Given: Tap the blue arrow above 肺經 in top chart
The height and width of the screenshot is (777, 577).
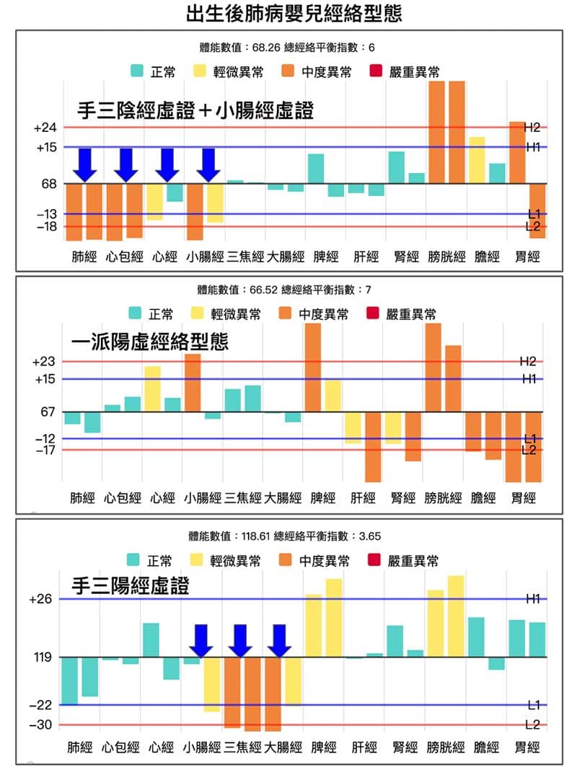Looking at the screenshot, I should tap(85, 164).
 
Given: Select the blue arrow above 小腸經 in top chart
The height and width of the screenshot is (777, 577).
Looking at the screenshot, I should tap(208, 164).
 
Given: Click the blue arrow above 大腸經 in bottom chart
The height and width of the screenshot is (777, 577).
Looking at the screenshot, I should tap(278, 640).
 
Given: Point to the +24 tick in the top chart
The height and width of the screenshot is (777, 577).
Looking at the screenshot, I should tap(45, 128).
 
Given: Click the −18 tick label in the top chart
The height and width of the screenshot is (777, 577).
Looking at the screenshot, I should tap(45, 226).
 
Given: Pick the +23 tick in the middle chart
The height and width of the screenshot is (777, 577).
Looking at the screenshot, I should tap(45, 362).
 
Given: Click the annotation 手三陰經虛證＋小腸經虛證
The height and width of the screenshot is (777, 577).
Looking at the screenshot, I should tap(195, 110).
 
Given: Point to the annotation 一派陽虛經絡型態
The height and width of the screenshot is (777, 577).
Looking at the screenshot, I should tap(150, 342).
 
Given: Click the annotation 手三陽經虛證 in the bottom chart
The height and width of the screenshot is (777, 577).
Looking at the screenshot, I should tap(130, 586).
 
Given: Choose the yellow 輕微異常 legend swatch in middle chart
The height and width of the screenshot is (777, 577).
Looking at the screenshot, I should tap(198, 314).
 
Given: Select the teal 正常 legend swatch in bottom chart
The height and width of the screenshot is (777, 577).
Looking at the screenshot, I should tap(134, 560).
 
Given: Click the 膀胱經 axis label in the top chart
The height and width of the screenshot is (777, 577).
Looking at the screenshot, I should tap(446, 257).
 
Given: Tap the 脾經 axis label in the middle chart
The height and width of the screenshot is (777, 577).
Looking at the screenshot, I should tap(323, 498).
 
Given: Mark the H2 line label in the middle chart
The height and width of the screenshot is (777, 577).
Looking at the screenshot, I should tap(528, 361).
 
